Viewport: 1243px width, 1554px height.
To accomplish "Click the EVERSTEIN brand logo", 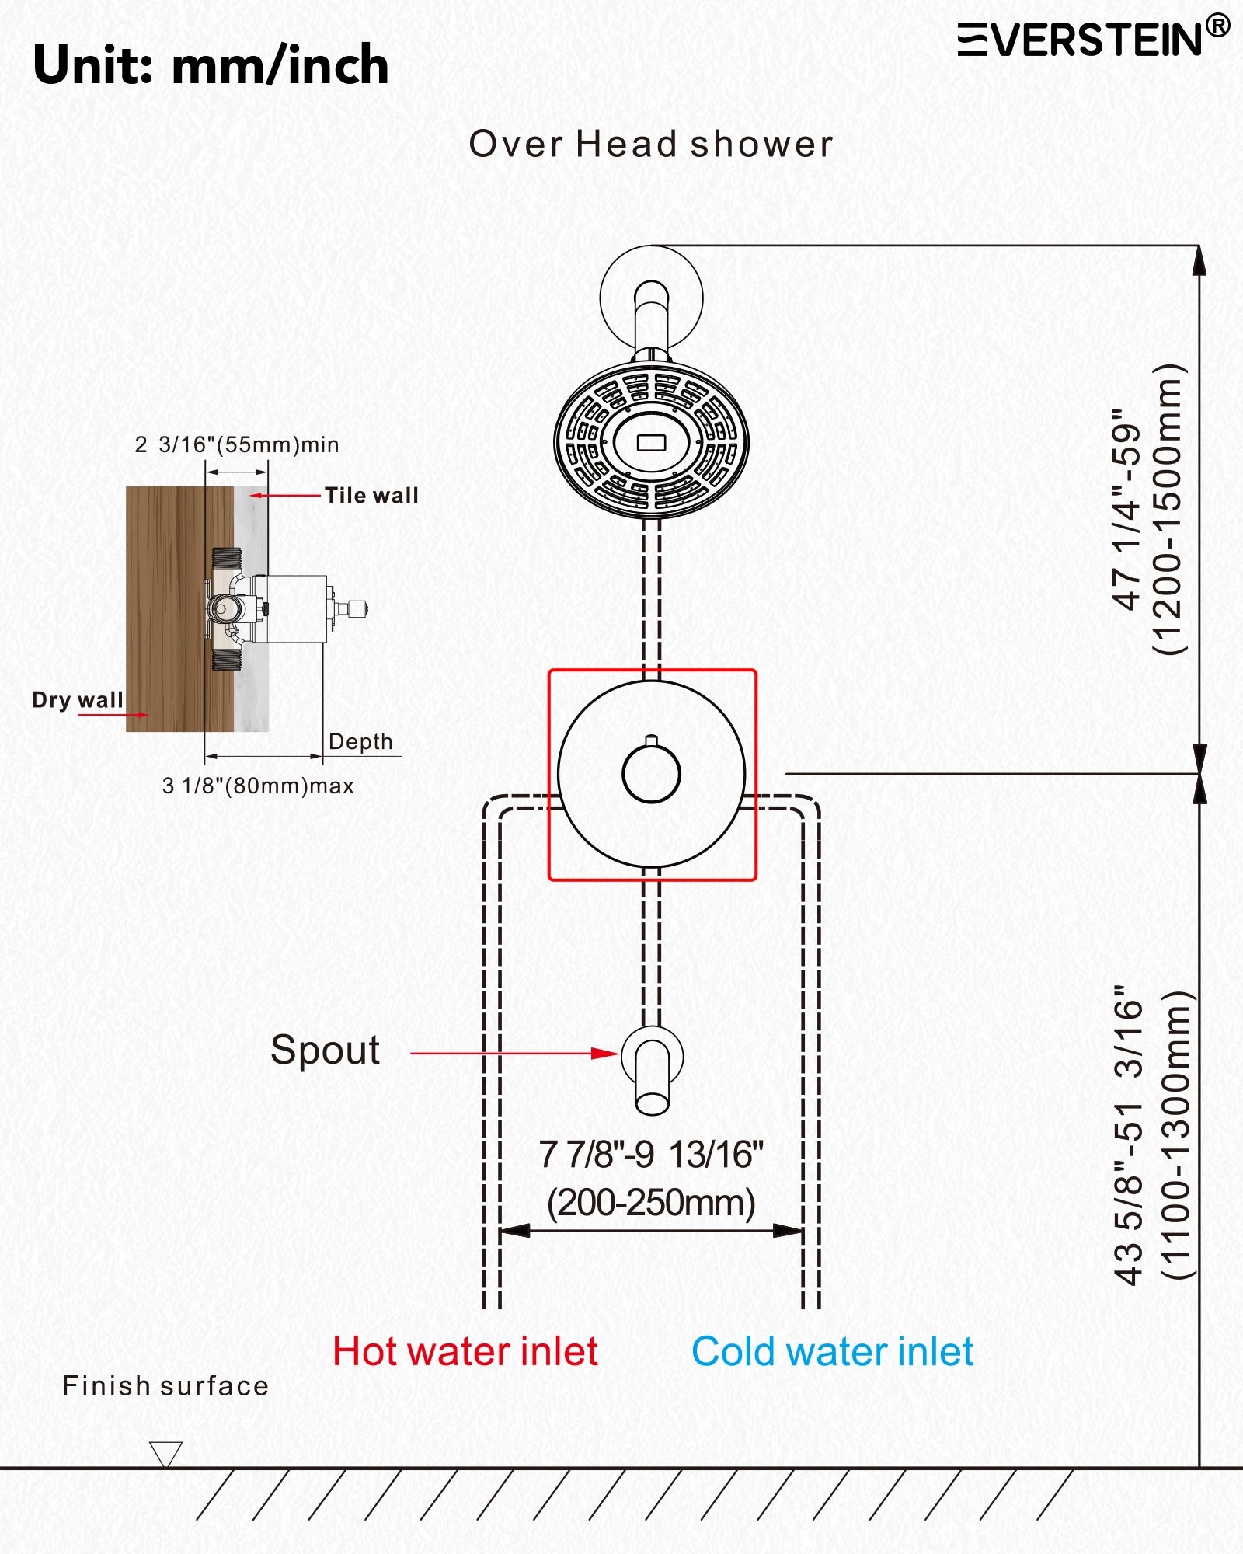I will pyautogui.click(x=1092, y=39).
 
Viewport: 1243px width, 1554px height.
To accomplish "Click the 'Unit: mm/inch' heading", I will pyautogui.click(x=211, y=65).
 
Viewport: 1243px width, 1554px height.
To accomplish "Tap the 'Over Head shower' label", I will pyautogui.click(x=651, y=145).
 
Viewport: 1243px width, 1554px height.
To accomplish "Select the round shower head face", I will pyautogui.click(x=651, y=441).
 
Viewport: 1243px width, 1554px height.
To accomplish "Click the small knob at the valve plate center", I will pyautogui.click(x=651, y=773).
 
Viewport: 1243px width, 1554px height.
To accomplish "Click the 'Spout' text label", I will pyautogui.click(x=325, y=1050).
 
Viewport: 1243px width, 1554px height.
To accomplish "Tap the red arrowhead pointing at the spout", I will pyautogui.click(x=606, y=1054).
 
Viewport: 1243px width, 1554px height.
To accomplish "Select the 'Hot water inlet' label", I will pyautogui.click(x=465, y=1351).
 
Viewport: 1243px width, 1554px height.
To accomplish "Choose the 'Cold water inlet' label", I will pyautogui.click(x=832, y=1351).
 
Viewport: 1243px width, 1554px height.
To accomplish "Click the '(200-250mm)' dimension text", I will pyautogui.click(x=651, y=1203).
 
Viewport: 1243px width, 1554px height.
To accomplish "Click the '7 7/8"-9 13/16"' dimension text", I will pyautogui.click(x=651, y=1155).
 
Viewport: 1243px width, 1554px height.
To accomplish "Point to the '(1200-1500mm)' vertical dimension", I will pyautogui.click(x=1168, y=509).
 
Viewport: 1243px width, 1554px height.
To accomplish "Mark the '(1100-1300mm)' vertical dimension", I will pyautogui.click(x=1175, y=1134).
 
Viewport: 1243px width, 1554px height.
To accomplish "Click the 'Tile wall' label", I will pyautogui.click(x=371, y=495).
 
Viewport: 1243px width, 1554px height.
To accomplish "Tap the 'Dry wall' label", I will pyautogui.click(x=77, y=699).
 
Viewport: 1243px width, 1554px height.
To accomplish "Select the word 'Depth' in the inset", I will pyautogui.click(x=360, y=741).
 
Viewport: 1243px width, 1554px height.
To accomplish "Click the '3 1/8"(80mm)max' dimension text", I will pyautogui.click(x=258, y=786).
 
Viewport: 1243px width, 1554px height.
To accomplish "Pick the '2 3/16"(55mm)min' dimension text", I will pyautogui.click(x=237, y=444).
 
